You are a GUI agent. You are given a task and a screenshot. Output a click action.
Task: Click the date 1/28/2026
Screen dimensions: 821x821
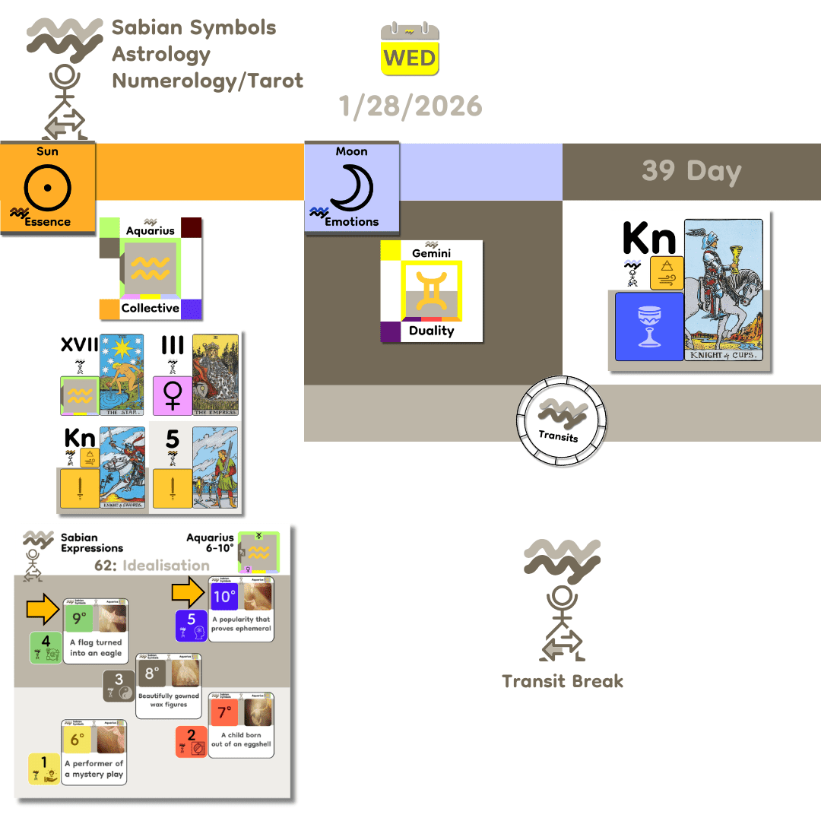coord(410,106)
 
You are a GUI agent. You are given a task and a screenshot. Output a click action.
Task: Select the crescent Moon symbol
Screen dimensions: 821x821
coord(350,188)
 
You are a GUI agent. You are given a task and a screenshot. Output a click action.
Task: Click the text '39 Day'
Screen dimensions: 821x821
coord(691,171)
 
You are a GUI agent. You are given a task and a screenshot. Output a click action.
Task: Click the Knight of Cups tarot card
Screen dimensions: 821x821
coord(723,290)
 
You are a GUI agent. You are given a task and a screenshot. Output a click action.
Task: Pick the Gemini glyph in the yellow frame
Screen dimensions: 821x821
coord(432,293)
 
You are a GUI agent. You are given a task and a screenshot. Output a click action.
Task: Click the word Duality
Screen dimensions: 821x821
coord(431,331)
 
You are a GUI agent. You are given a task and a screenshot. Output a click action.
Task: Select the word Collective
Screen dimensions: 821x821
coord(151,308)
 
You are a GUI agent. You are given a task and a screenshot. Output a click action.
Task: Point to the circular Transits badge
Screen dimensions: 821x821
coord(563,420)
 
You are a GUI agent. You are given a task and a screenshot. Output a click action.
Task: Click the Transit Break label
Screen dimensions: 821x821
coord(563,680)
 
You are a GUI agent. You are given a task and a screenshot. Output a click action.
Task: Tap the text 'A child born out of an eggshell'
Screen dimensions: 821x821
coord(240,740)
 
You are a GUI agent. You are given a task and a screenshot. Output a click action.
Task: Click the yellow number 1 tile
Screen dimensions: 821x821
coord(44,769)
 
